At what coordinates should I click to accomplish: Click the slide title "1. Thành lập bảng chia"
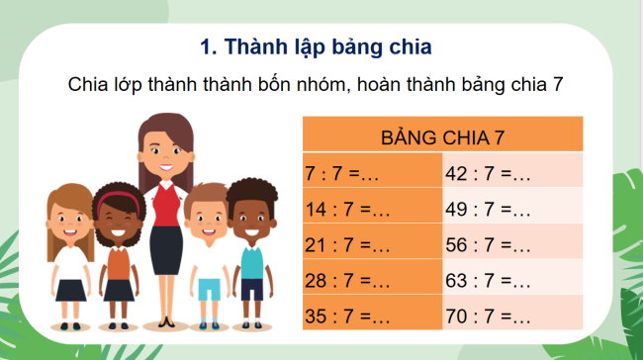(x=317, y=46)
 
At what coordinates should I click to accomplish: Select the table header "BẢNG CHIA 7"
(x=442, y=135)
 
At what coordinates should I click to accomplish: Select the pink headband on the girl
(x=117, y=198)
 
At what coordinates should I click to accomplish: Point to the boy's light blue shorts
(x=208, y=288)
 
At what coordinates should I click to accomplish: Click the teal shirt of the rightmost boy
(x=252, y=262)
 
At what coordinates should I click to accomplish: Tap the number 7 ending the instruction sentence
(x=558, y=84)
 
